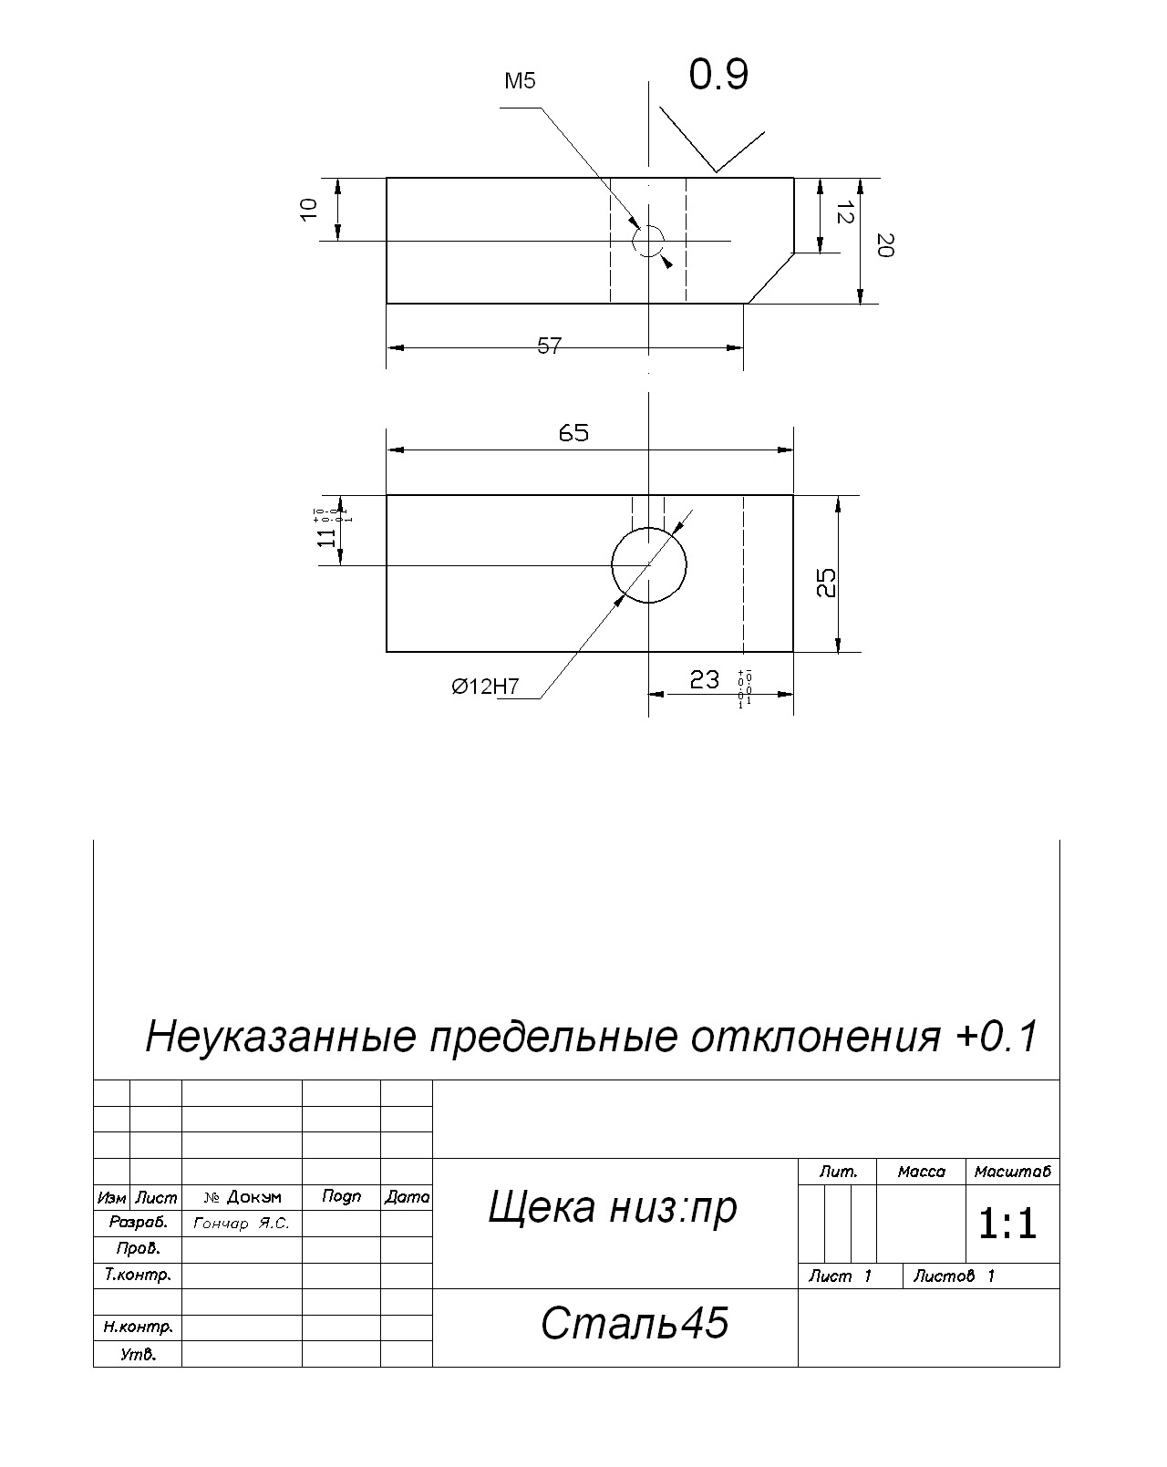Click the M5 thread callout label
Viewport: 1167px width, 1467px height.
pyautogui.click(x=520, y=81)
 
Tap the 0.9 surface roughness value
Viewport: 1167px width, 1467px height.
pyautogui.click(x=718, y=75)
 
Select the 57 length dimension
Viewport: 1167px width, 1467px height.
pyautogui.click(x=549, y=346)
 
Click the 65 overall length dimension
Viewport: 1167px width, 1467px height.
pyautogui.click(x=573, y=433)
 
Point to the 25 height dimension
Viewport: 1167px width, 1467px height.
pyautogui.click(x=826, y=584)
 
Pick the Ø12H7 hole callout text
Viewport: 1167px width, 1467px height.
pyautogui.click(x=485, y=687)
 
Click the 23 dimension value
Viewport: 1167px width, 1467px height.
pyautogui.click(x=704, y=679)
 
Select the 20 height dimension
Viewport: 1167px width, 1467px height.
pyautogui.click(x=884, y=244)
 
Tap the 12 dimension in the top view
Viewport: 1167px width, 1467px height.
pyautogui.click(x=844, y=213)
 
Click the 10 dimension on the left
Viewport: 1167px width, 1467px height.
pyautogui.click(x=309, y=208)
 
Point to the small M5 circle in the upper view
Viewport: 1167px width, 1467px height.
pyautogui.click(x=648, y=242)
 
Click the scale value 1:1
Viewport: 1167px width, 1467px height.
pyautogui.click(x=1007, y=1224)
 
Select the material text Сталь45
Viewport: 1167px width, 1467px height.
pyautogui.click(x=635, y=1323)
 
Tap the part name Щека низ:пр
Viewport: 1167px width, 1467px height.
pyautogui.click(x=613, y=1207)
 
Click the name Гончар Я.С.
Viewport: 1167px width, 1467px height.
pyautogui.click(x=242, y=1224)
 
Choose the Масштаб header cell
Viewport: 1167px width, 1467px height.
pyautogui.click(x=1012, y=1172)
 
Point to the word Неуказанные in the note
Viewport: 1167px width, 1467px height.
pyautogui.click(x=281, y=1037)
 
